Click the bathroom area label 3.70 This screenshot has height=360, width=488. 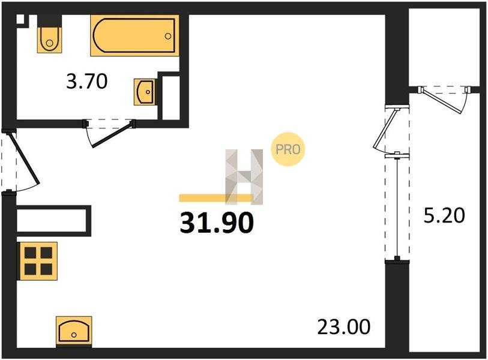click(x=87, y=81)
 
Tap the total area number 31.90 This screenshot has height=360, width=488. click(x=217, y=223)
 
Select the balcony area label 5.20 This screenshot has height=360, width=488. click(x=444, y=215)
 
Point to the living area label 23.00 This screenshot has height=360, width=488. click(x=344, y=327)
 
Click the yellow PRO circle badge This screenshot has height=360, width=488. click(x=288, y=149)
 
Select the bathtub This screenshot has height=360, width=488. click(x=135, y=35)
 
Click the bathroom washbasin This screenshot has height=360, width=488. click(x=145, y=92)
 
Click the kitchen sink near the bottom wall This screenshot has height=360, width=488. click(x=74, y=331)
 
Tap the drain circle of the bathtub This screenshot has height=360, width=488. click(x=168, y=36)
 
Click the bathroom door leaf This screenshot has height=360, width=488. click(x=113, y=135)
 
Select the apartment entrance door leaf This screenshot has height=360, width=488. click(x=25, y=158)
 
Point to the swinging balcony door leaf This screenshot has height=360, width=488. click(x=385, y=129)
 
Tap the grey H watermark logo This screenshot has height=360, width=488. click(x=244, y=177)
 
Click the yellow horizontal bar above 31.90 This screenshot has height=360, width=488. click(x=216, y=198)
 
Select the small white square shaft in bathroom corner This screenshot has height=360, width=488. click(x=20, y=19)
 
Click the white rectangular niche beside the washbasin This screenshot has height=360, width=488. click(x=171, y=98)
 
